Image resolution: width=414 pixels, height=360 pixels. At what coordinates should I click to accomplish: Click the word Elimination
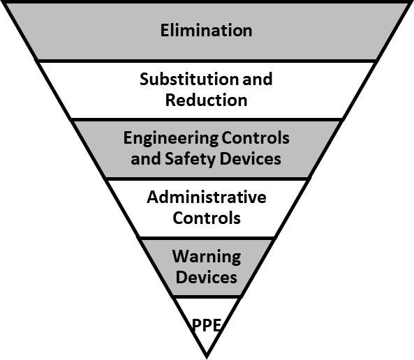point(206,30)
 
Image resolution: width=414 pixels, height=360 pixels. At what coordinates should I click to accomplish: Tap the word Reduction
point(206,100)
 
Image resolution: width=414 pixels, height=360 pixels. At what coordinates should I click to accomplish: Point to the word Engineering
point(171,138)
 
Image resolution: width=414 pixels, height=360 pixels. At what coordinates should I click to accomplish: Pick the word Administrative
point(207,197)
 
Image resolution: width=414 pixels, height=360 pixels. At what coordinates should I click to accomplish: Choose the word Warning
point(207,257)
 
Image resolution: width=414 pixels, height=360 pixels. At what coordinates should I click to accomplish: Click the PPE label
point(207,325)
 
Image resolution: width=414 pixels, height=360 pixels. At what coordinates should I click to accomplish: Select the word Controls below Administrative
point(207,218)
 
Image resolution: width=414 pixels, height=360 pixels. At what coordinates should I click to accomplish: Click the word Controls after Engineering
point(256,137)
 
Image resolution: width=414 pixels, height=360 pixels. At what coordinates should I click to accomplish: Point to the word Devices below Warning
point(207,278)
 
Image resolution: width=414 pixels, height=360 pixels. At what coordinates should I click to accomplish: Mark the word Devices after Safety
point(251,158)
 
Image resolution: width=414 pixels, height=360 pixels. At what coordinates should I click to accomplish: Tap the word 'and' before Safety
point(146,158)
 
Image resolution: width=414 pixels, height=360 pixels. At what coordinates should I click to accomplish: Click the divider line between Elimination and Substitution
point(207,61)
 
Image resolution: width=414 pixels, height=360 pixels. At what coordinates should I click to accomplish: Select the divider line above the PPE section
point(207,297)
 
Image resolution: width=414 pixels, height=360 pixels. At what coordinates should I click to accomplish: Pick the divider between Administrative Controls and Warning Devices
point(207,239)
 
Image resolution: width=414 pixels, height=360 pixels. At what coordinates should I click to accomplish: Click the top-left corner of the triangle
point(3,2)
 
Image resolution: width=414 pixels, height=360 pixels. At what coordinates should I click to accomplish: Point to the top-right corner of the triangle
point(411,2)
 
